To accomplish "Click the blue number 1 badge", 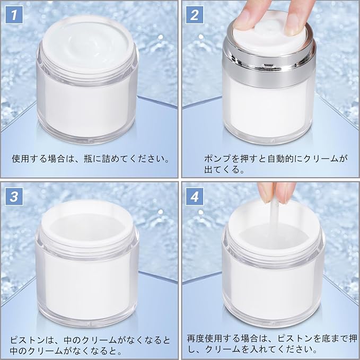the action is (x=14, y=15).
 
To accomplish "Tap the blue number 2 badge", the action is (x=195, y=15).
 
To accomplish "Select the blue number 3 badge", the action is (x=14, y=197).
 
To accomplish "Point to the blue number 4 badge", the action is (x=195, y=197).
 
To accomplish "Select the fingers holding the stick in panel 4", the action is (x=277, y=192).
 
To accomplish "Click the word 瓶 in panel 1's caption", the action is (x=88, y=159).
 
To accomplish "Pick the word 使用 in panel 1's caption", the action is (x=21, y=159).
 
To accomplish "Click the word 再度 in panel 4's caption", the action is (x=196, y=338).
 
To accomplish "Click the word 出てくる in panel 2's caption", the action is (x=222, y=170).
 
